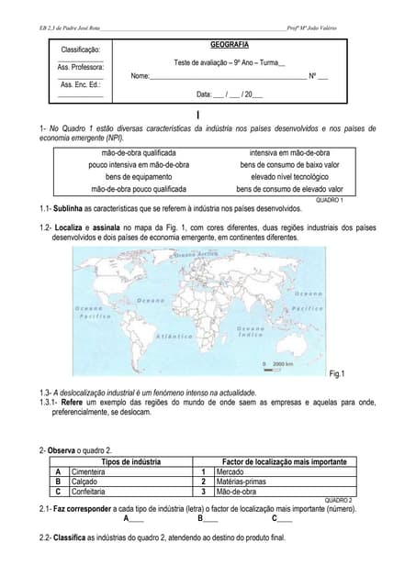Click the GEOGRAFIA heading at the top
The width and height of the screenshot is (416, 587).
[x=229, y=44]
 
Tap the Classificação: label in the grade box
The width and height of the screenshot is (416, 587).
[x=80, y=49]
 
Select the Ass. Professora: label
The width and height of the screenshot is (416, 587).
[x=80, y=67]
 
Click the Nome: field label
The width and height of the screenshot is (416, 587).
[x=140, y=76]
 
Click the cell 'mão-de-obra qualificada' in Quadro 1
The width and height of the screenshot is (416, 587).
[x=139, y=153]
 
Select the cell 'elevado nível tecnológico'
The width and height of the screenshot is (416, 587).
[x=289, y=177]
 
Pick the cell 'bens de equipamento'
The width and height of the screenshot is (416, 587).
[x=139, y=177]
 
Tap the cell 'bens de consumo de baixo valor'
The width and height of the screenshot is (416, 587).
[x=289, y=165]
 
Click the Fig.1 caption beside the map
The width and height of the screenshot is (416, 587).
[x=335, y=374]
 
